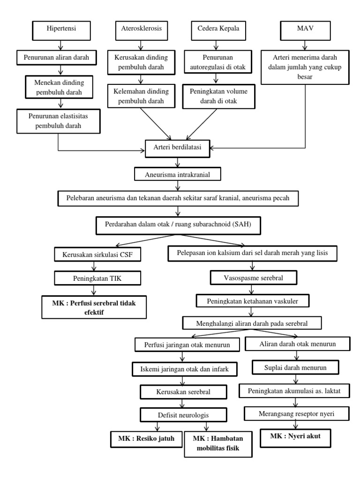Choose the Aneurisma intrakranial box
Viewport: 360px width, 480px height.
coord(177,174)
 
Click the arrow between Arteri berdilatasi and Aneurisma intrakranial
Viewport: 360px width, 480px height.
coord(177,162)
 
